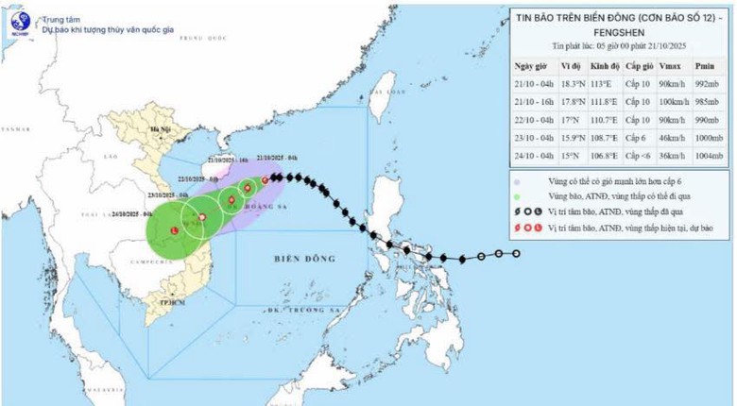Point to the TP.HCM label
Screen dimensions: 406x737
173,299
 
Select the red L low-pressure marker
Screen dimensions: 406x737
174,230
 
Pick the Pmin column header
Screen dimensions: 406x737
704,66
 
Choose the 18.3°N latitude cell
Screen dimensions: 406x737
573,84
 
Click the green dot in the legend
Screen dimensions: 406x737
518,195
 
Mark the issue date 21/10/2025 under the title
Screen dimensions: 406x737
671,45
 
